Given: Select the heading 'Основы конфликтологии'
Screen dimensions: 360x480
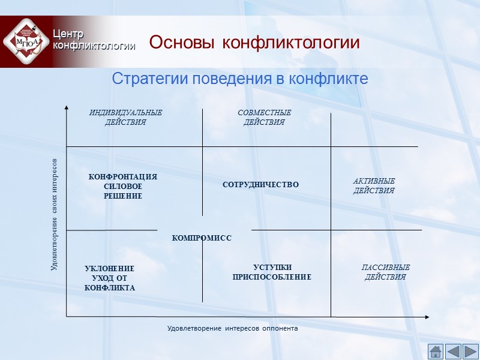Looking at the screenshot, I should (254, 43).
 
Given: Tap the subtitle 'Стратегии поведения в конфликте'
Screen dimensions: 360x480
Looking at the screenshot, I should (239, 79).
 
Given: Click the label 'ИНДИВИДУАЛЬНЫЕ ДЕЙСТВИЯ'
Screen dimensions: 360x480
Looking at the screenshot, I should (125, 118).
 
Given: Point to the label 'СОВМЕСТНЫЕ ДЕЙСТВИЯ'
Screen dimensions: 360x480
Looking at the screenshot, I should (264, 118).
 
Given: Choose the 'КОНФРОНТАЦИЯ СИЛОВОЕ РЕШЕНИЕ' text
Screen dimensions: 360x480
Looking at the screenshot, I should (123, 187).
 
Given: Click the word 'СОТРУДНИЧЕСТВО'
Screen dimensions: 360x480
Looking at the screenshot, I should (260, 185).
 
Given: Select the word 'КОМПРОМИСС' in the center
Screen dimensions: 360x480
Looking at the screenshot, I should (202, 238).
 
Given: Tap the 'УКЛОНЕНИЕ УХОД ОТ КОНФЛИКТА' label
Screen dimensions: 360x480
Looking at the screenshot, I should (110, 278).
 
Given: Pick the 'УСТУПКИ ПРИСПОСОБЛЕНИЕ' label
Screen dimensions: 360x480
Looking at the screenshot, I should (272, 272).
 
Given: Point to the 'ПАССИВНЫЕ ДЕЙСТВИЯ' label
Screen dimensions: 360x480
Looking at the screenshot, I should (386, 272).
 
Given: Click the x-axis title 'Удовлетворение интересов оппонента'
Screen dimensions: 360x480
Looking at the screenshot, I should (232, 329).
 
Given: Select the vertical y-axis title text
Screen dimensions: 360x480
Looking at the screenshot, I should (54, 214).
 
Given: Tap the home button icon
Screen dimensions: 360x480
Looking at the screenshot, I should (436, 351).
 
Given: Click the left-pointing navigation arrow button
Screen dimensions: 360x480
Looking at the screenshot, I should (454, 351).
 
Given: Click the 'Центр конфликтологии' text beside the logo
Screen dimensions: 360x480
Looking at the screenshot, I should (93, 39).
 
